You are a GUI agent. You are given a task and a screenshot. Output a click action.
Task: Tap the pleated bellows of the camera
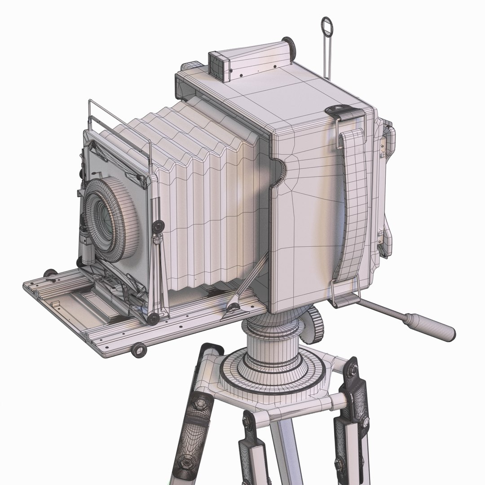tap(202, 193)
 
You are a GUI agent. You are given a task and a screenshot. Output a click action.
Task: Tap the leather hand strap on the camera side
tap(355, 202)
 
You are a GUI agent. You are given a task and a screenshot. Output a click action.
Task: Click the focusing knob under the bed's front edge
tap(139, 349)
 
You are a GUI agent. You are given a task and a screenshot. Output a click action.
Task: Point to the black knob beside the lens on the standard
tap(157, 227)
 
